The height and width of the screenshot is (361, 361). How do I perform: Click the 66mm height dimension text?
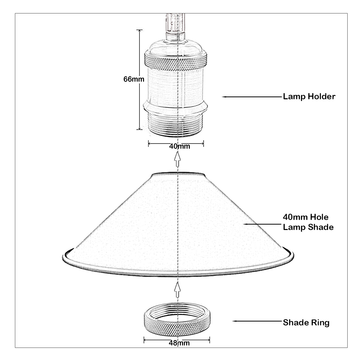tap(134, 79)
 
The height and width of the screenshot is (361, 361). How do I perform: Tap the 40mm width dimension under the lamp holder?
tap(179, 146)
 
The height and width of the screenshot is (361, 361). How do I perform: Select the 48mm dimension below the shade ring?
tap(179, 343)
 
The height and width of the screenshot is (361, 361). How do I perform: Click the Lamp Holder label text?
tap(309, 97)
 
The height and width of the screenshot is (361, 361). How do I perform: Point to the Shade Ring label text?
tap(306, 323)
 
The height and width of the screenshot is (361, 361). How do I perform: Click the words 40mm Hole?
tap(306, 217)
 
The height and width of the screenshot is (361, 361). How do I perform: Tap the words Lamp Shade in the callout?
tap(308, 227)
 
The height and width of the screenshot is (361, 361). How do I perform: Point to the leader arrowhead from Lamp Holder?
tap(224, 97)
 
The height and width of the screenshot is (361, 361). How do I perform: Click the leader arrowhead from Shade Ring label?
tap(234, 321)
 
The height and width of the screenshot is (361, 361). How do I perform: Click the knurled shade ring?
tap(177, 323)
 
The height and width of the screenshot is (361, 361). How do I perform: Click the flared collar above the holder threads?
tap(176, 107)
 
